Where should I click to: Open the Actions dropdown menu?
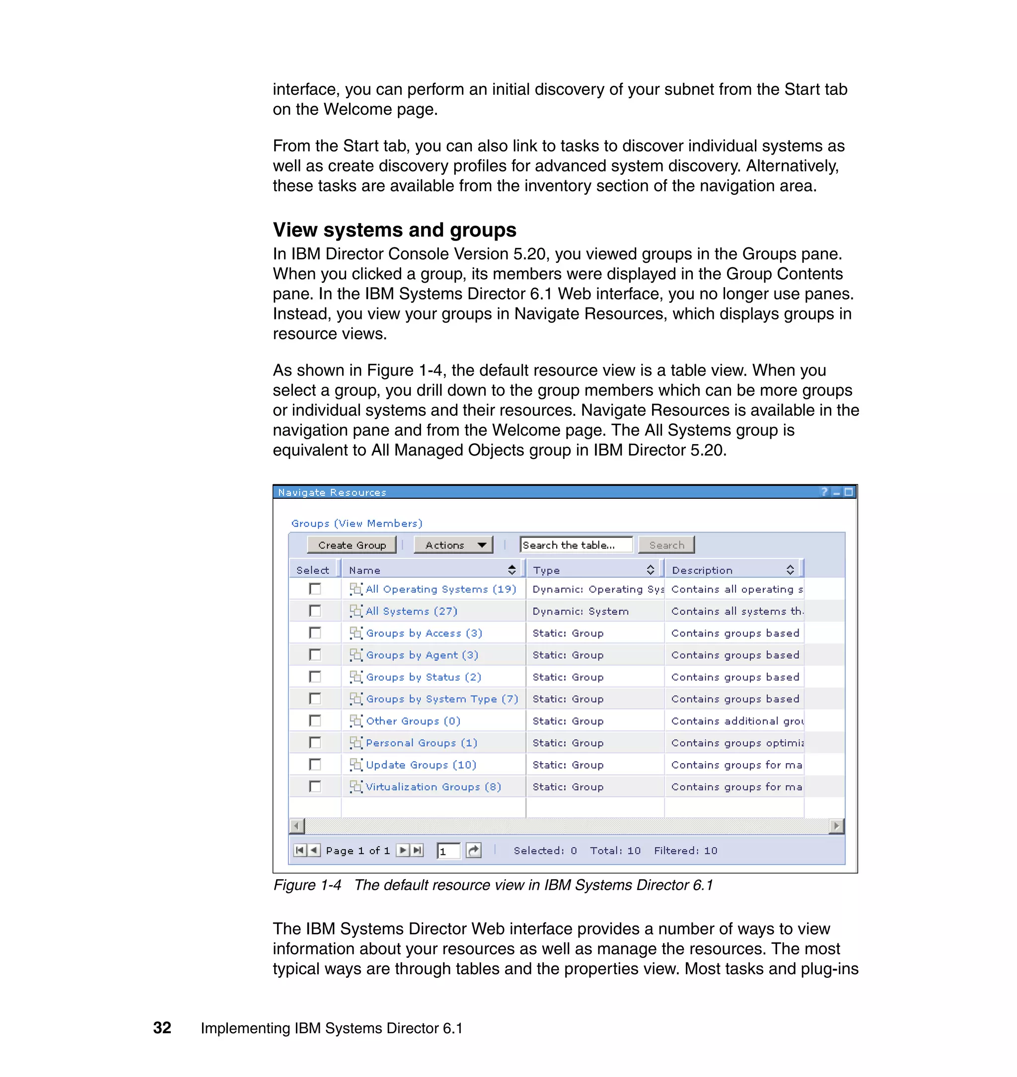pos(453,545)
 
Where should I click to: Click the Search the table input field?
pos(576,545)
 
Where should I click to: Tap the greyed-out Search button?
pos(666,545)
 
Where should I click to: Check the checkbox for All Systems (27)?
pos(315,611)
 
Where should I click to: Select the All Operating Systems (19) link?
pos(440,590)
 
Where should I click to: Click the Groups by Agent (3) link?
pos(422,655)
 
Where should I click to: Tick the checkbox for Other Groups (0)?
pos(315,721)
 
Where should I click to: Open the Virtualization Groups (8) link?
pos(433,787)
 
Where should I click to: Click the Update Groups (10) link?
pos(421,765)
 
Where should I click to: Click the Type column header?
pos(546,570)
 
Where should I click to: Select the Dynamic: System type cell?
pos(580,612)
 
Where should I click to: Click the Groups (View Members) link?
pos(356,523)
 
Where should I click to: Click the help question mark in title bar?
pos(824,492)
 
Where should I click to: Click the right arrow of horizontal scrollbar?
pos(836,826)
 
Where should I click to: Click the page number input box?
pos(448,851)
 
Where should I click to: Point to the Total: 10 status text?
pos(615,851)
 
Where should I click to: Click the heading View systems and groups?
pos(394,230)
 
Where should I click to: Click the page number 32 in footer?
pos(162,1028)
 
